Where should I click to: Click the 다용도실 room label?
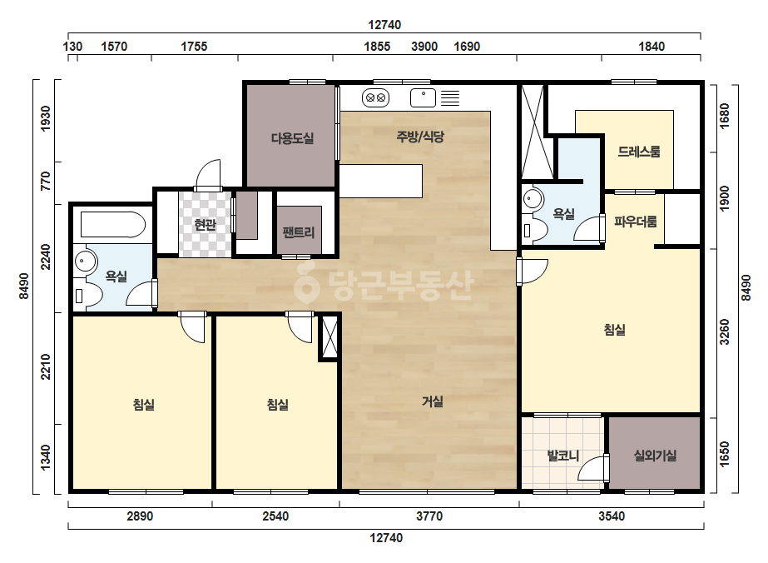click(292, 138)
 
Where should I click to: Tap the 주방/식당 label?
click(420, 137)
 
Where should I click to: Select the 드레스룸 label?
click(639, 152)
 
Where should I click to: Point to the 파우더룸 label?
click(635, 222)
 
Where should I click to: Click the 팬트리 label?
click(299, 232)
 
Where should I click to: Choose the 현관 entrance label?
click(205, 225)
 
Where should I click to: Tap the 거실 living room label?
click(433, 401)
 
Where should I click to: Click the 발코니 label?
click(563, 456)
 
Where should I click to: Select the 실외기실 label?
click(655, 456)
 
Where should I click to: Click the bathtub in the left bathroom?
click(113, 225)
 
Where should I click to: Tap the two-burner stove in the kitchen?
click(375, 97)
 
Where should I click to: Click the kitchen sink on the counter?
click(423, 97)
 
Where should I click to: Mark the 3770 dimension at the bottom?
click(429, 516)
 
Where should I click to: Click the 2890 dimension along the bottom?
click(140, 516)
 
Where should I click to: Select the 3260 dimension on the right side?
click(725, 332)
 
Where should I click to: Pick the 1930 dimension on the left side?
click(45, 118)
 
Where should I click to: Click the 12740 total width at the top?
click(384, 24)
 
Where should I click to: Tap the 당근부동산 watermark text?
click(384, 285)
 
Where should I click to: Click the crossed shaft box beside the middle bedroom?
click(329, 337)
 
